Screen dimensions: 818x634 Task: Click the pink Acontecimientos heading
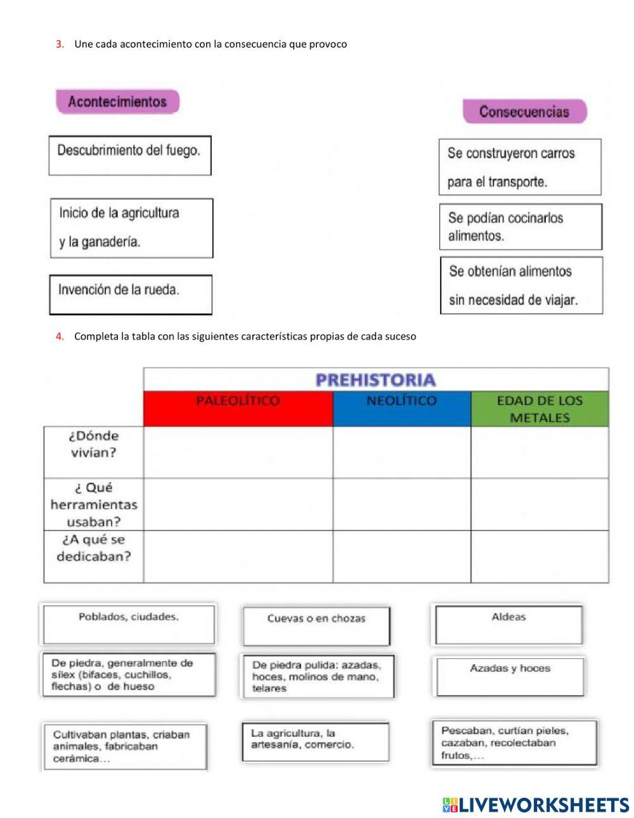[117, 101]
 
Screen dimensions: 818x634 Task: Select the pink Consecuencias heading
[524, 112]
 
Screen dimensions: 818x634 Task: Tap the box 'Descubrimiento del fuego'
[129, 155]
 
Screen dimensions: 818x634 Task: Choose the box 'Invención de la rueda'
[131, 294]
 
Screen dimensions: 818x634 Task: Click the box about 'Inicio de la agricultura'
[131, 228]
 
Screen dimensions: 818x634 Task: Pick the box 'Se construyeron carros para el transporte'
[520, 167]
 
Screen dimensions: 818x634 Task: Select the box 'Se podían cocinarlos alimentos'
[521, 227]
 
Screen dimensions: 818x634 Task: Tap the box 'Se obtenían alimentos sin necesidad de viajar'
[521, 285]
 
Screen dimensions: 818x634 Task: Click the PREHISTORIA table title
[375, 380]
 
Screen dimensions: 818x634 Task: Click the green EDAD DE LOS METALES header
[540, 409]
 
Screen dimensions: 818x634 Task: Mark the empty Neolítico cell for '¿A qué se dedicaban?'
[401, 556]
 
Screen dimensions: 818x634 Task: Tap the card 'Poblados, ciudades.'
[129, 623]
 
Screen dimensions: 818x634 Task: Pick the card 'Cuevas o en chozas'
[316, 625]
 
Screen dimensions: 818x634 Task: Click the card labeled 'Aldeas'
[508, 624]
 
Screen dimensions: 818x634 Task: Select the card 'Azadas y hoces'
[510, 675]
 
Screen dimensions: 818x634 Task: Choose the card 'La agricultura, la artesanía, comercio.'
[315, 741]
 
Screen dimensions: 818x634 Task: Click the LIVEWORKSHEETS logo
[536, 805]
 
